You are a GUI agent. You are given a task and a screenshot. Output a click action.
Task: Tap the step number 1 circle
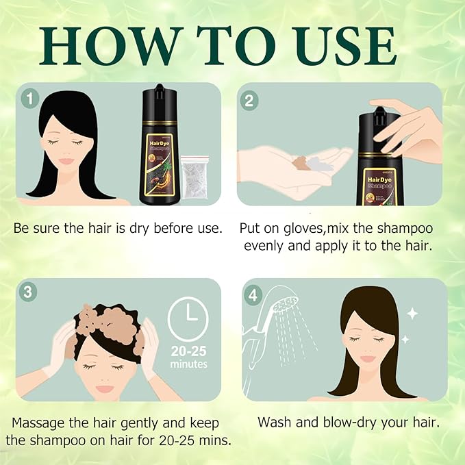(29, 99)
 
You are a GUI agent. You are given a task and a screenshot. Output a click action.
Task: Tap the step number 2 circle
(249, 100)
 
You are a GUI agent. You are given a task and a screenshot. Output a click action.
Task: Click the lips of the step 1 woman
(66, 161)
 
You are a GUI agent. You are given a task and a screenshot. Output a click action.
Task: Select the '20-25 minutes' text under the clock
(188, 357)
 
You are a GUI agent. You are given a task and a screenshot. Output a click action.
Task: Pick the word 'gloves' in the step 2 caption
(298, 227)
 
